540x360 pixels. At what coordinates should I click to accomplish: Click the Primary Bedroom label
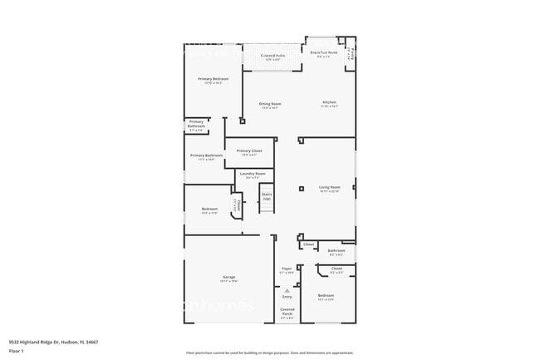214,80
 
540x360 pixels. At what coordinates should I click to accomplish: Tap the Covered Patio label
275,57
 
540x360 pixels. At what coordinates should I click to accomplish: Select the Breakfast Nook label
321,53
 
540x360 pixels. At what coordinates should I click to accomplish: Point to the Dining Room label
270,105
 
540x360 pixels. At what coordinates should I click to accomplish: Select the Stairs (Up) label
267,197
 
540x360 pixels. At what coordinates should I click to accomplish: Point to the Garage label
228,279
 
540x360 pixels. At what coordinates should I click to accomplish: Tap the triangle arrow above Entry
287,289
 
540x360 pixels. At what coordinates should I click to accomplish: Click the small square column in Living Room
302,189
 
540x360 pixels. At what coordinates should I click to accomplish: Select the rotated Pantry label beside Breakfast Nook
351,54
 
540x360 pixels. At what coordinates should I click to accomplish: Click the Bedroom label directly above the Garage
209,210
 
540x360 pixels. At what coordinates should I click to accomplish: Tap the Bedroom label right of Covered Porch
326,297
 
